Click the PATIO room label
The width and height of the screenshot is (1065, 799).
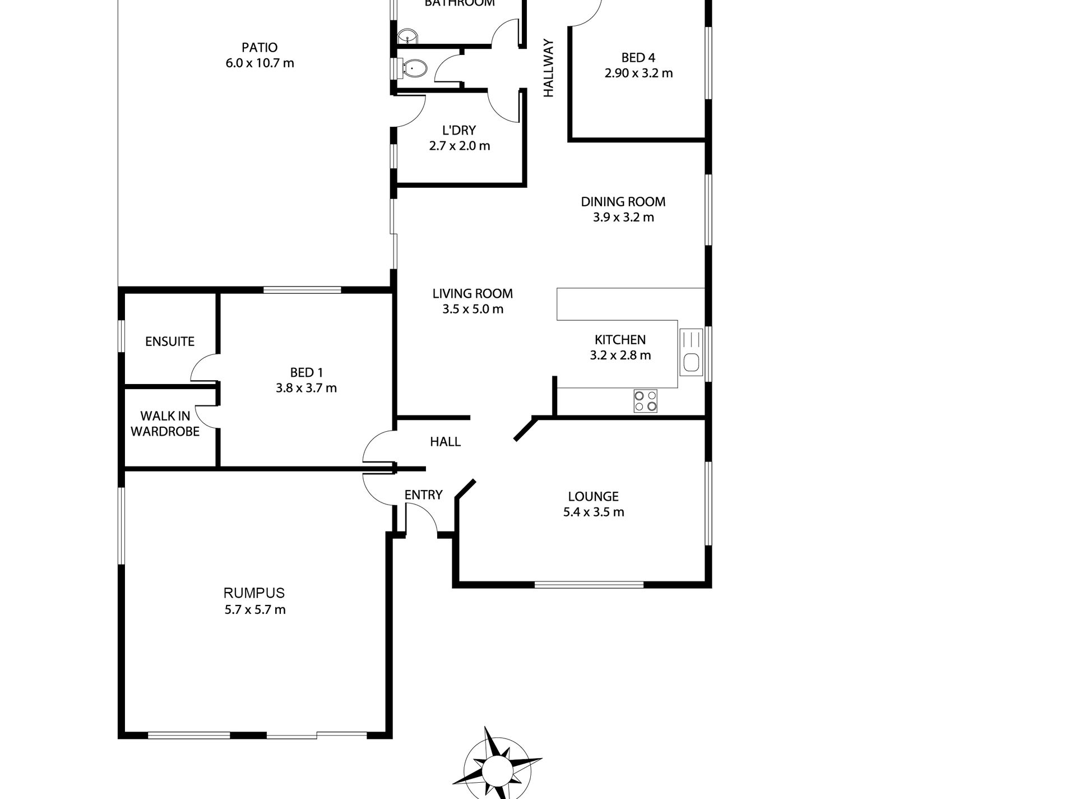coord(260,48)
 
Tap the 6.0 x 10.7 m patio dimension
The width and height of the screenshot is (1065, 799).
coord(260,63)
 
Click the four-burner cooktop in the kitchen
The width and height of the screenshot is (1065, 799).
coord(645,401)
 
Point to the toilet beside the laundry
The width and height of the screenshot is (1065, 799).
coord(414,69)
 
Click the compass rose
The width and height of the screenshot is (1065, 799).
coord(496,766)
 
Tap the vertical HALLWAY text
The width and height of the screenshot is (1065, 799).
coord(548,68)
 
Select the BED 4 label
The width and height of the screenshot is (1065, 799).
coord(638,58)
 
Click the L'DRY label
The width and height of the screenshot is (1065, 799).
coord(459,131)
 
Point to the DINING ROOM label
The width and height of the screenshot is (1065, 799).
coord(623,202)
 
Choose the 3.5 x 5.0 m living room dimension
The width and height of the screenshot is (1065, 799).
coord(473,309)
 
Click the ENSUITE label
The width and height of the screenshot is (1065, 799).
coord(169,341)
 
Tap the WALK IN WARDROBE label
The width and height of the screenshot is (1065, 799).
coord(165,424)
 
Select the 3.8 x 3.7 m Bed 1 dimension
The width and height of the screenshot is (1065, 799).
coord(306,388)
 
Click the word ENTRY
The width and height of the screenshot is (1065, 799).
coord(423,495)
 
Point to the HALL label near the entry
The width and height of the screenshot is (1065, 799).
coord(445,442)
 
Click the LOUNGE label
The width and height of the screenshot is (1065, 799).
coord(593,496)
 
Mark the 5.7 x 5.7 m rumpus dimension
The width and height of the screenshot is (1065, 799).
coord(255,609)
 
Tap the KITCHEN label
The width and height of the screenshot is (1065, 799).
coord(620,340)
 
